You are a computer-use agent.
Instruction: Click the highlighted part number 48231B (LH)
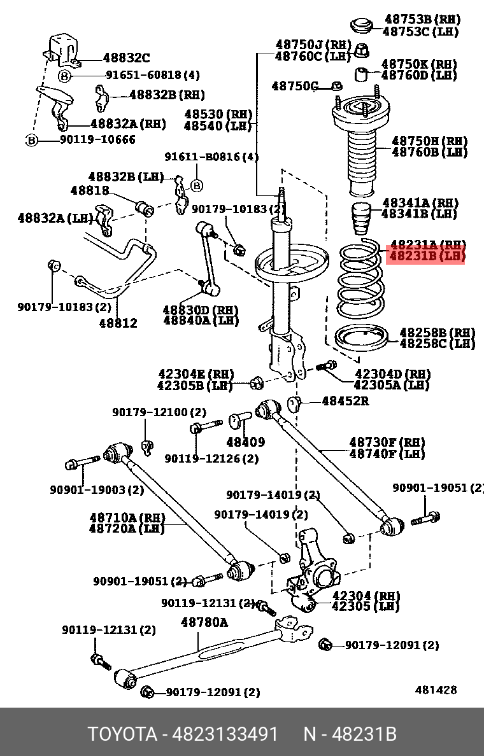pyautogui.click(x=425, y=256)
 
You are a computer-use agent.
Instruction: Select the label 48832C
pyautogui.click(x=126, y=59)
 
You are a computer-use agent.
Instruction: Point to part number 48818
pyautogui.click(x=89, y=190)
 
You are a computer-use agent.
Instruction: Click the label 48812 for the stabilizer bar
pyautogui.click(x=118, y=323)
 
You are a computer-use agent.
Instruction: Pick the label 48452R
pyautogui.click(x=345, y=401)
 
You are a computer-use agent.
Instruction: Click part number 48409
pyautogui.click(x=245, y=442)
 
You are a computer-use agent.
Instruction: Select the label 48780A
pyautogui.click(x=204, y=622)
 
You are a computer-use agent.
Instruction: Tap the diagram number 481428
pyautogui.click(x=436, y=690)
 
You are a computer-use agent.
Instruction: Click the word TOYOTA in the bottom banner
pyautogui.click(x=122, y=734)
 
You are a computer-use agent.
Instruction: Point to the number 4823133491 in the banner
pyautogui.click(x=224, y=734)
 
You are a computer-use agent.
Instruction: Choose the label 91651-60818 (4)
pyautogui.click(x=152, y=75)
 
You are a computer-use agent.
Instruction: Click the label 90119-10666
pyautogui.click(x=97, y=139)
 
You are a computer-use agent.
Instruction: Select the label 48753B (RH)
pyautogui.click(x=421, y=20)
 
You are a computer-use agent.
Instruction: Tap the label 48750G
pyautogui.click(x=294, y=86)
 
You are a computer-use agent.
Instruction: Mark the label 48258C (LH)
pyautogui.click(x=437, y=344)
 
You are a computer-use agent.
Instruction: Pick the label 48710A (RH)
pyautogui.click(x=127, y=518)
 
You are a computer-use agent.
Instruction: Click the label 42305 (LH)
pyautogui.click(x=366, y=606)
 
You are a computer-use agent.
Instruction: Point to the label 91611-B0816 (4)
pyautogui.click(x=211, y=157)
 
